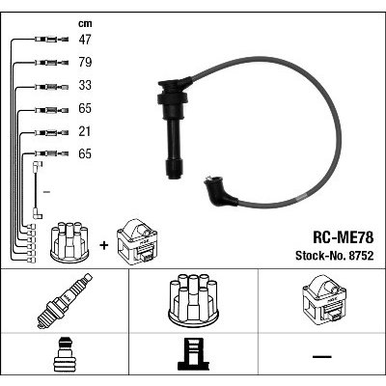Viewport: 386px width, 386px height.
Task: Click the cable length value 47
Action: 85,40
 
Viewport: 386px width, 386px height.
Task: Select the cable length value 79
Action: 85,62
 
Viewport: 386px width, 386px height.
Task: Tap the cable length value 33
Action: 85,85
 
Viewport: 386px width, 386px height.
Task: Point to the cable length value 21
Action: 85,131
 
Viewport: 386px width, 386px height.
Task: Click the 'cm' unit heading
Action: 85,23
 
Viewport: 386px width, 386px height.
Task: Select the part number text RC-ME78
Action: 344,238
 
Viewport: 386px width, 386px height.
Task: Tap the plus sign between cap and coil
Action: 104,246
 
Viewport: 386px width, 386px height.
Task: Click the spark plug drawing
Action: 65,301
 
